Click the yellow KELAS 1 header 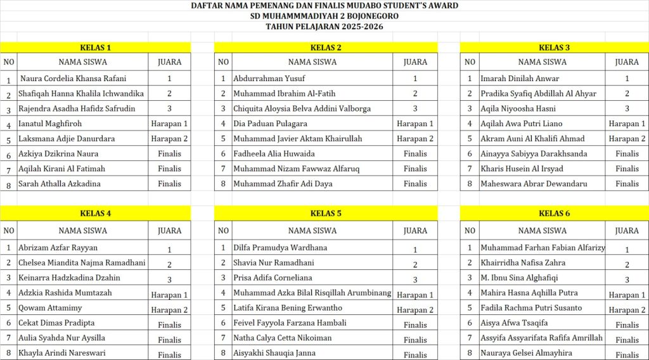95,48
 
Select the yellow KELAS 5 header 326,214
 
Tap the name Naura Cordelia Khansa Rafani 74,79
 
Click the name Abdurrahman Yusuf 269,79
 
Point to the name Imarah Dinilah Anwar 520,79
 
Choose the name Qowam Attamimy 50,308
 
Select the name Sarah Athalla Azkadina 60,184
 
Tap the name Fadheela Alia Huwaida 274,154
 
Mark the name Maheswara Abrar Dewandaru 534,184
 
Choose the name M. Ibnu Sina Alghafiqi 519,278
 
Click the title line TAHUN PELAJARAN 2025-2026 324,27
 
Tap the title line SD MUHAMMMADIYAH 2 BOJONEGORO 324,16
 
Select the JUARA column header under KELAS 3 627,62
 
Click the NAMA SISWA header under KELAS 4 83,231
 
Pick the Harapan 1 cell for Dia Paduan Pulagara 415,124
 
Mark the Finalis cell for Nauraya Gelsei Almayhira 627,355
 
